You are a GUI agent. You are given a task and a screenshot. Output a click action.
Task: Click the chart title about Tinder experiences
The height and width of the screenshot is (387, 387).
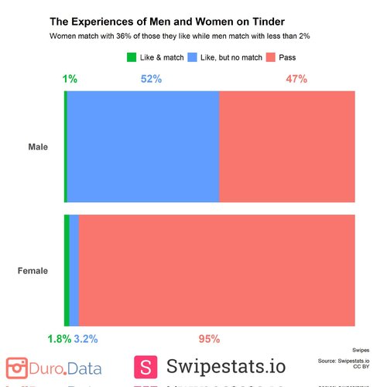166,22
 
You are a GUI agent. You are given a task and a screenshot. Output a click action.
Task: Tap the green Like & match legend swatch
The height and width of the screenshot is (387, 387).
131,57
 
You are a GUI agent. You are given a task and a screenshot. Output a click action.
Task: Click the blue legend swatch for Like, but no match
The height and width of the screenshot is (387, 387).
191,57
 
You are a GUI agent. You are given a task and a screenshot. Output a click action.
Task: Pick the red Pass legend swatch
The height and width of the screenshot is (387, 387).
270,57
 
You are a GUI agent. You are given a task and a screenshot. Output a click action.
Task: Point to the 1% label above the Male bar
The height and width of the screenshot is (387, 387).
70,79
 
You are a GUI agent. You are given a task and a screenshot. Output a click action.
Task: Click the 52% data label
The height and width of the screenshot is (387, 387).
151,79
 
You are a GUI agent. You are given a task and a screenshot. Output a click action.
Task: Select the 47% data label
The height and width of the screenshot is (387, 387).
296,79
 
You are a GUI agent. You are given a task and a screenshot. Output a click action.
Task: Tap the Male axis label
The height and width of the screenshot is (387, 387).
38,147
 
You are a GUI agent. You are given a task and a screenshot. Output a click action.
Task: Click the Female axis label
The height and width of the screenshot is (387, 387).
33,271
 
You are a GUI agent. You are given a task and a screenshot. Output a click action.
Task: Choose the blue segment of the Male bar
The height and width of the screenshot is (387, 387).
143,147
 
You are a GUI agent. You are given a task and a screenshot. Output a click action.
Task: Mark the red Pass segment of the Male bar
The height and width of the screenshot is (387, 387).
287,147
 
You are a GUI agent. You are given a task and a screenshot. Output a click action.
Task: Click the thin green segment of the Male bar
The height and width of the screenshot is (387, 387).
66,147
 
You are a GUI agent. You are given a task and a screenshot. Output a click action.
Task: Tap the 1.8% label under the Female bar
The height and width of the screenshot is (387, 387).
59,339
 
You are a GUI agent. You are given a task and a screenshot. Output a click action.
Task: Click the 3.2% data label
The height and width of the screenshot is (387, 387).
85,339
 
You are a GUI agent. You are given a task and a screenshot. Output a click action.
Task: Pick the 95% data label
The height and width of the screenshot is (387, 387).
210,339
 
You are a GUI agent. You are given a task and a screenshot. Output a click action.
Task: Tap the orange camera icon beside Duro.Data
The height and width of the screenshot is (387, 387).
17,367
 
